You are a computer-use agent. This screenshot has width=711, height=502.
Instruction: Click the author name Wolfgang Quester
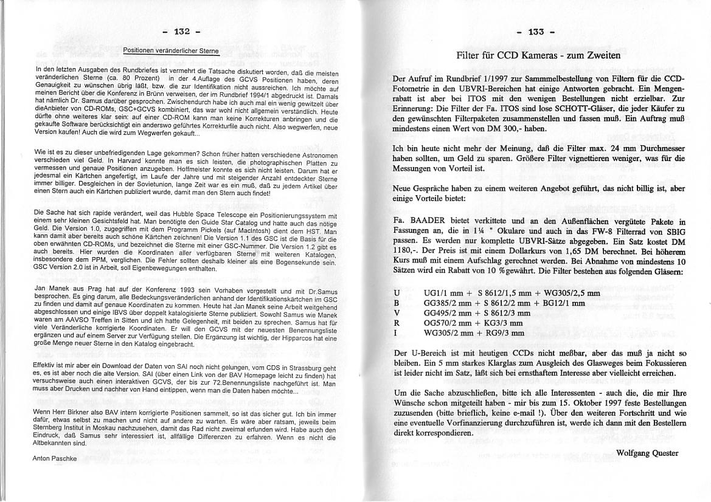(x=647, y=453)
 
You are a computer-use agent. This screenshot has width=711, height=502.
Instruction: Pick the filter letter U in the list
(x=397, y=293)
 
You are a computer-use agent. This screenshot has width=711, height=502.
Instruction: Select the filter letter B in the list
(x=397, y=303)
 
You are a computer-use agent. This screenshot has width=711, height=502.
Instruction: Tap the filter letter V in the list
(x=397, y=313)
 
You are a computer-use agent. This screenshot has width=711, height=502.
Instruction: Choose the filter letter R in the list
(x=397, y=323)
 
